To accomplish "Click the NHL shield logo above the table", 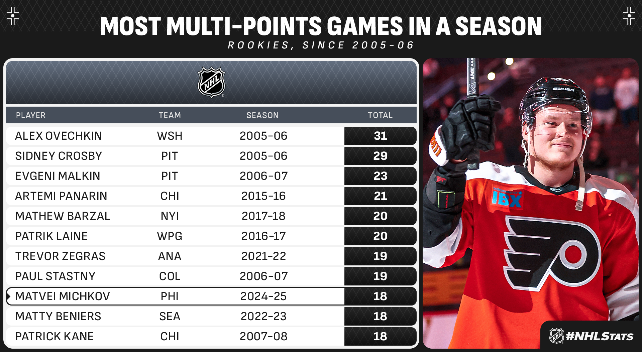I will tap(211, 82).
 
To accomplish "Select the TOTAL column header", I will tap(380, 115).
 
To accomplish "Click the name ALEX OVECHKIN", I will tap(59, 136).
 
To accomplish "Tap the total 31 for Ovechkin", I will tap(380, 136).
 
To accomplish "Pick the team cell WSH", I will tap(170, 136).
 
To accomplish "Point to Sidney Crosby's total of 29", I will tap(380, 156).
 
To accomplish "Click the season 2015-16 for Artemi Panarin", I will tap(263, 196).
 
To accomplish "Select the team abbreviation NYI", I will tap(170, 216).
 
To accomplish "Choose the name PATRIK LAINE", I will tap(51, 236).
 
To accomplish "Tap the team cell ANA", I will tap(170, 256).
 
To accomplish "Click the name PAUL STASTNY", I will tap(55, 276).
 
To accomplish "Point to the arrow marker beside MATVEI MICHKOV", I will tap(9, 296).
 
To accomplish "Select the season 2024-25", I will tap(263, 296).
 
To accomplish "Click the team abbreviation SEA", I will tap(170, 317).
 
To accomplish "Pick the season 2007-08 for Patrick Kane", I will tap(263, 337).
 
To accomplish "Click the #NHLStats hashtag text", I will tap(599, 336).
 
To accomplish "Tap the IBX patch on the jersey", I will tap(507, 199).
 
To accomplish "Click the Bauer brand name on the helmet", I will tap(563, 89).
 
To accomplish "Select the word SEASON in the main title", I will tap(498, 27).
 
